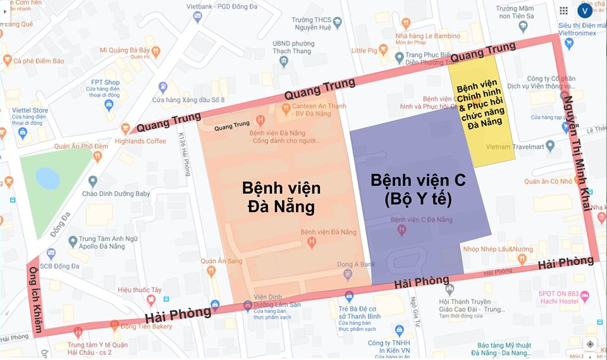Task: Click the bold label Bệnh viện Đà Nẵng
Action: [281, 197]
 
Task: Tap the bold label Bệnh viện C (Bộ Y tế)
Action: [418, 190]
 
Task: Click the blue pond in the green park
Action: [47, 178]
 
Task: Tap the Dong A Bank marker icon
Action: [346, 274]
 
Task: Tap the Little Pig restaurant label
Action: [364, 51]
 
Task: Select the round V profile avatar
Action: [585, 10]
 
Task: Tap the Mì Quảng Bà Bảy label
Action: [125, 50]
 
